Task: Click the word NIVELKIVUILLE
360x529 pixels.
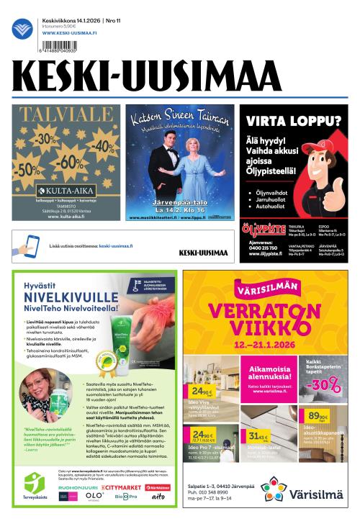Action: pyautogui.click(x=68, y=294)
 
